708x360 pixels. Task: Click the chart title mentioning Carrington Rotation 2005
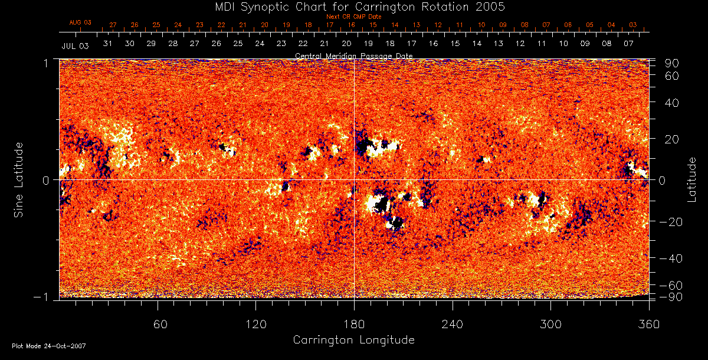tap(353, 6)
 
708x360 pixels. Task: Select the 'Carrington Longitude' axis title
tap(353, 340)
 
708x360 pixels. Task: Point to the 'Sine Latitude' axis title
tap(19, 179)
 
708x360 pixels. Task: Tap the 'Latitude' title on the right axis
tap(693, 179)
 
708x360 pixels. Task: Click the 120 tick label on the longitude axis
tap(255, 324)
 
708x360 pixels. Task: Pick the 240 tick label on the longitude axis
tap(453, 324)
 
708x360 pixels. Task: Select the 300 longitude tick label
tap(550, 324)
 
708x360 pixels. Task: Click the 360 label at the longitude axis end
tap(649, 324)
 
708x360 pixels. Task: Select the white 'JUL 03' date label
tap(75, 45)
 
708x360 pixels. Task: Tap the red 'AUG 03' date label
tap(80, 22)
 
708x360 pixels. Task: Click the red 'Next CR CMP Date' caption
tap(353, 17)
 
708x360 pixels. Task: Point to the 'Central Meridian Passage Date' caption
tap(353, 55)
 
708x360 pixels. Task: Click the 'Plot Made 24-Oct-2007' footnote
tap(49, 346)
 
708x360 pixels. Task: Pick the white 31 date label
tap(107, 44)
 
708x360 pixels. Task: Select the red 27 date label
tap(113, 25)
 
